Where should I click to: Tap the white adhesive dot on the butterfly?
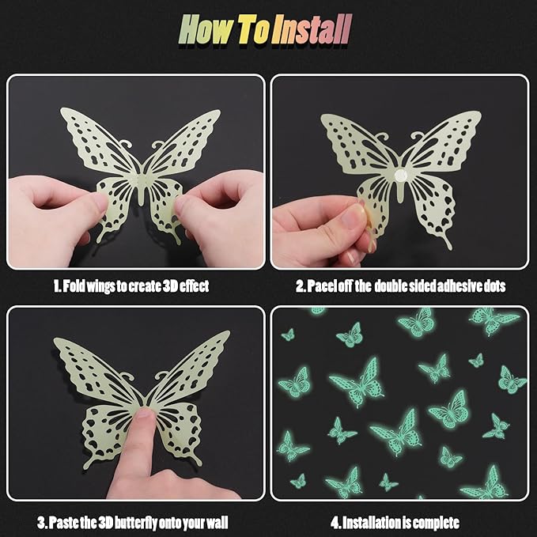400,176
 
